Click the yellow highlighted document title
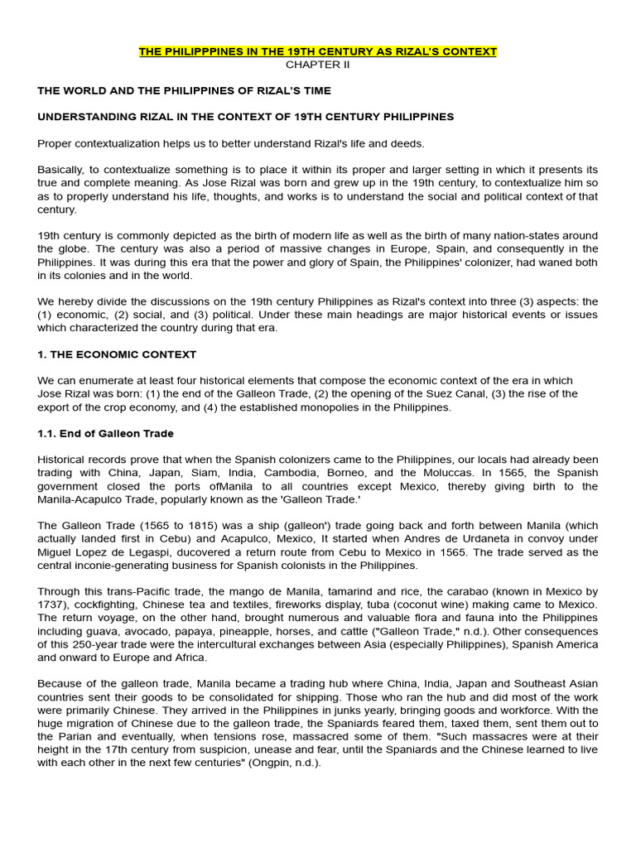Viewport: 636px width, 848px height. pos(318,51)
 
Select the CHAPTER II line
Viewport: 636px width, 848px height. pos(318,65)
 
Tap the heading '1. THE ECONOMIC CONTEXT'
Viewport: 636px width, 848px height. pos(117,354)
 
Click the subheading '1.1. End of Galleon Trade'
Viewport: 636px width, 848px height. pos(105,433)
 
